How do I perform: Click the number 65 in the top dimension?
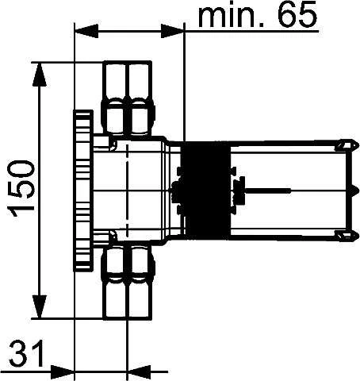click(x=297, y=14)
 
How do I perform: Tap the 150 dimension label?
click(x=21, y=188)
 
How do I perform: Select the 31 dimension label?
click(x=26, y=353)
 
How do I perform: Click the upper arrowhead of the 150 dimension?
click(x=40, y=75)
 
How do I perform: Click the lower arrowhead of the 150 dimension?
click(x=40, y=306)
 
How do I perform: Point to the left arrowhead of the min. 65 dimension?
click(x=86, y=31)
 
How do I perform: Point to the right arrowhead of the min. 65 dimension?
click(x=172, y=31)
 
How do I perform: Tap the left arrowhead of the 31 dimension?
click(x=63, y=371)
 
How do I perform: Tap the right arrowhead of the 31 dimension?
click(x=139, y=371)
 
